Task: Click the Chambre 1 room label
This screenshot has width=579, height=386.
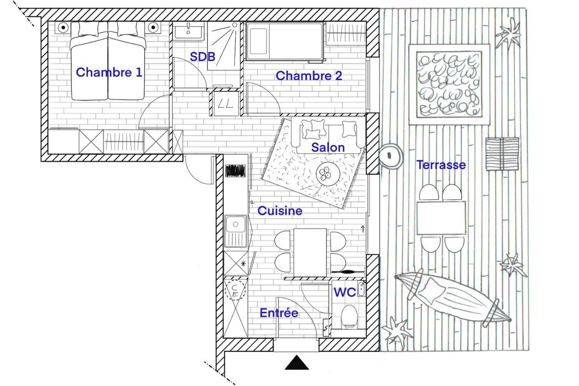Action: click(109, 73)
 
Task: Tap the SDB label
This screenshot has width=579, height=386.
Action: click(202, 57)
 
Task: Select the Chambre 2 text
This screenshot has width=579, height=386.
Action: click(309, 76)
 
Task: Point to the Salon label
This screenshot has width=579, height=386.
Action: click(328, 147)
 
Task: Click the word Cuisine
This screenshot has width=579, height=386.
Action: click(280, 211)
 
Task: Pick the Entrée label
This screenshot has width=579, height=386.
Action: click(279, 313)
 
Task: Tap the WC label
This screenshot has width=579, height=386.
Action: click(345, 292)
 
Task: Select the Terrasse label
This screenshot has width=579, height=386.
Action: click(441, 165)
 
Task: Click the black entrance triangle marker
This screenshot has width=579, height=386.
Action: click(296, 362)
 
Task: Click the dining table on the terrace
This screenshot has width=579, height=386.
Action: click(441, 218)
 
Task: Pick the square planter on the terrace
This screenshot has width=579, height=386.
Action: click(449, 84)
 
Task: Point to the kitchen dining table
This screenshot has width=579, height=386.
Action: click(310, 252)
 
